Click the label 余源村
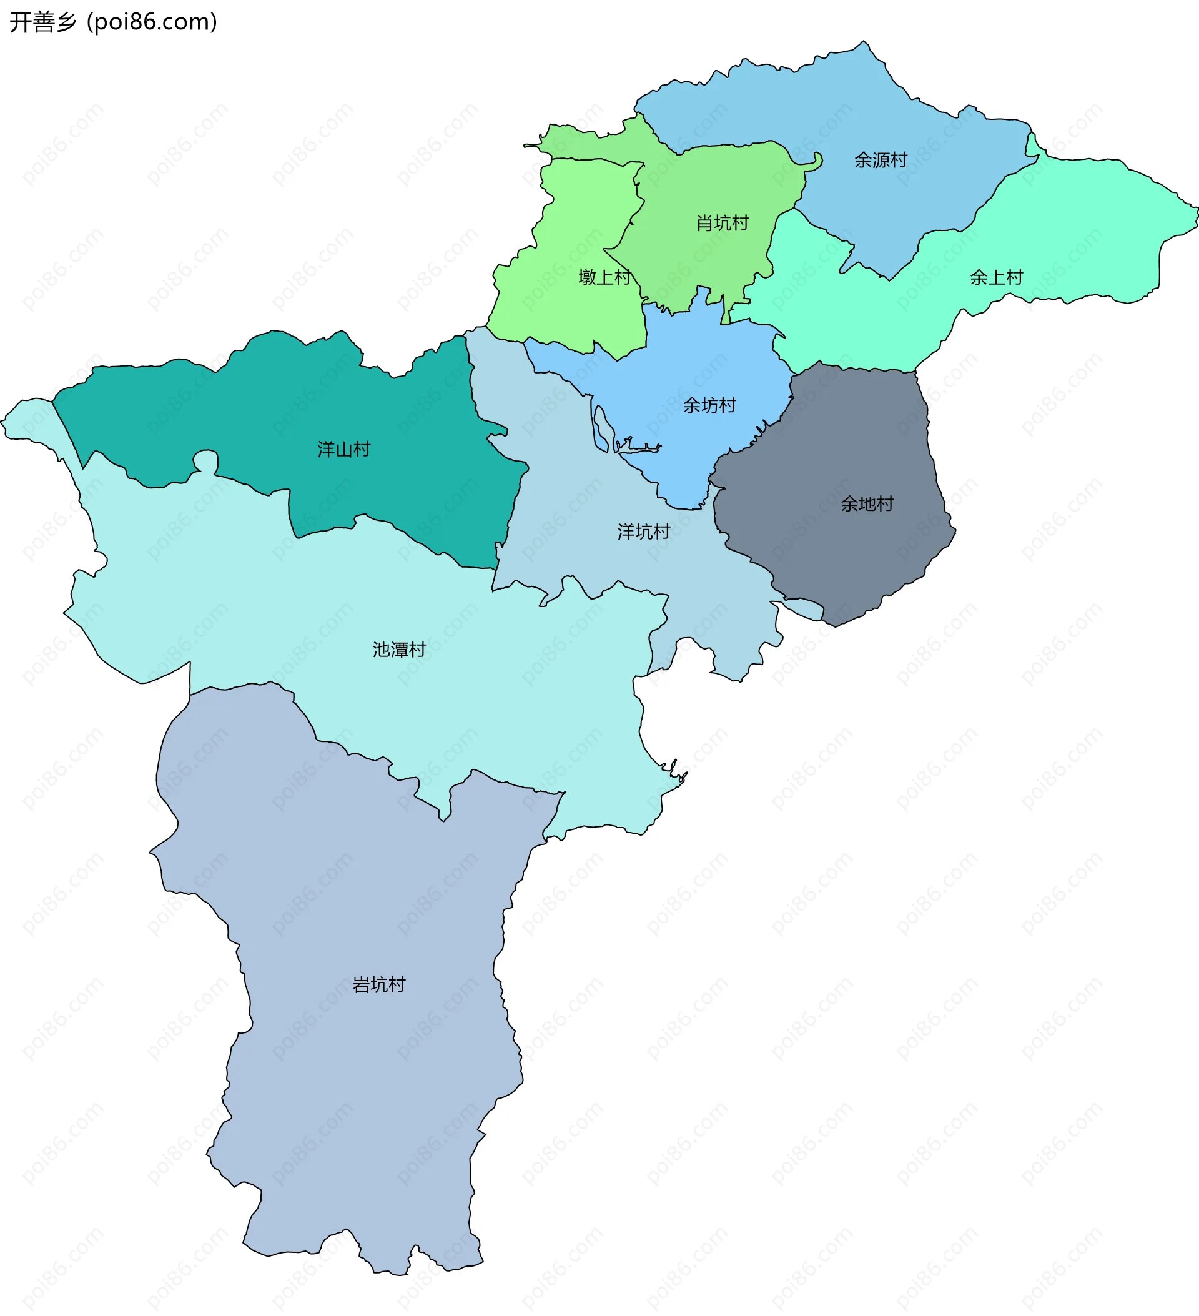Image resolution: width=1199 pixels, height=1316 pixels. pos(880,160)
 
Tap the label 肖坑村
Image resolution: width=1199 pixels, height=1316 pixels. pos(722,223)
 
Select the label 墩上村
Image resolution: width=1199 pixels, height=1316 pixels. pos(604,277)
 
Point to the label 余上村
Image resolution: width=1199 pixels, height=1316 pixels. pos(996,277)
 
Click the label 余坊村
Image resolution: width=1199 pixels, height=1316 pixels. pos(709,405)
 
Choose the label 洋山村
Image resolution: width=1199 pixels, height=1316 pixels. pos(343,449)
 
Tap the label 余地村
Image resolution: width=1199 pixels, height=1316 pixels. pos(867,503)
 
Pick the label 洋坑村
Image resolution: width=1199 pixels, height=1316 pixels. pos(644,532)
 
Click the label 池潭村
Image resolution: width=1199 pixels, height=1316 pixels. pos(399,650)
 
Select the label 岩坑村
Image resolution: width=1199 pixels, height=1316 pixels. pos(378,984)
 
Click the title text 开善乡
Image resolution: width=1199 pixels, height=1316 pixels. pos(43,22)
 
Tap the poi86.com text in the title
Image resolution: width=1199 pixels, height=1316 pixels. pos(152,22)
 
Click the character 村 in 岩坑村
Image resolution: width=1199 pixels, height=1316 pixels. pos(397,984)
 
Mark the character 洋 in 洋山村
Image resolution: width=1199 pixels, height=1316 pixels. pos(326,449)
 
